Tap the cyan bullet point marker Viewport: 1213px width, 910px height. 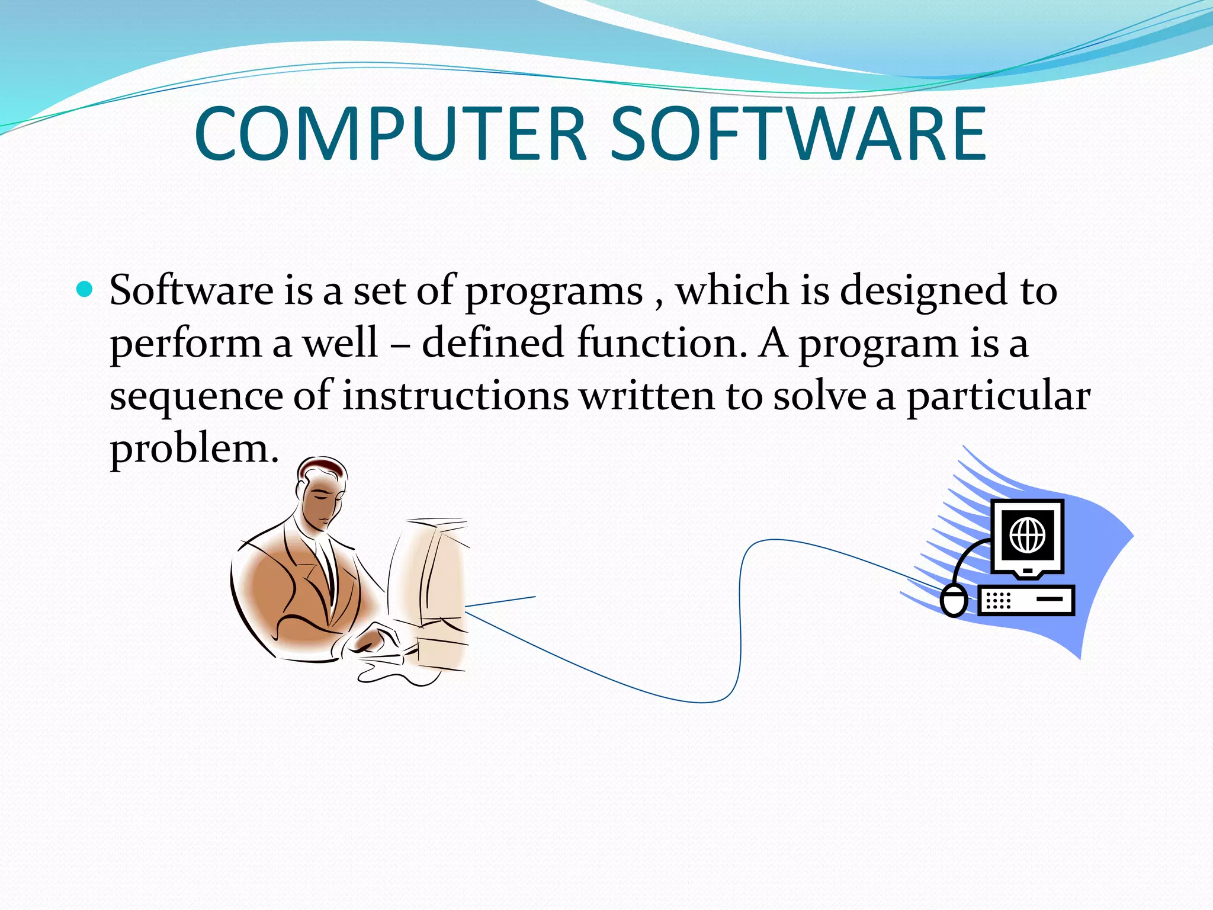[85, 289]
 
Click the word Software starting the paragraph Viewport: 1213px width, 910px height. [191, 291]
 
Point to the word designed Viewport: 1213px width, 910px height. [923, 292]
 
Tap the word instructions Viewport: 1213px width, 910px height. [455, 395]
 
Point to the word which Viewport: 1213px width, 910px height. [732, 291]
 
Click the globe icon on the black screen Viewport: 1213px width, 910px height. [1028, 534]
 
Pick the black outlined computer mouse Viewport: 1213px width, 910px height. [954, 600]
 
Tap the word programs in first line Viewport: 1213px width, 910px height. [553, 292]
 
